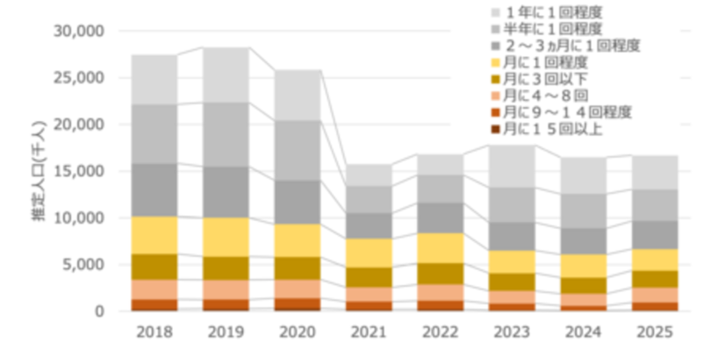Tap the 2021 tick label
369,333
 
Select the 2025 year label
656,333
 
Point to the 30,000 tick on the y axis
79,32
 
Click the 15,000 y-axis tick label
79,171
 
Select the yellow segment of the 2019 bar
226,237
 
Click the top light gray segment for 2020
298,95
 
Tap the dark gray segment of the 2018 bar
154,189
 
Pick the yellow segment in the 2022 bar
441,247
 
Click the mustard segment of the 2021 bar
369,277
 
